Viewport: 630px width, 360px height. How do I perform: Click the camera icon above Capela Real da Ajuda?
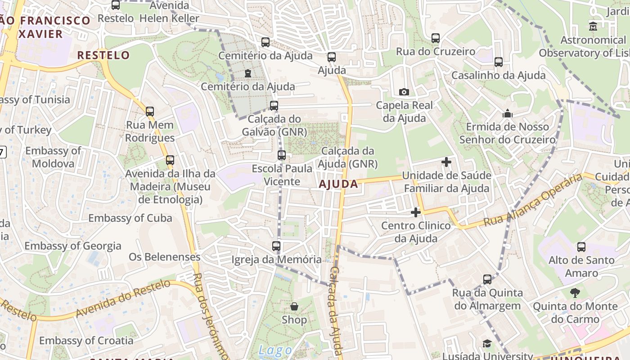click(404, 92)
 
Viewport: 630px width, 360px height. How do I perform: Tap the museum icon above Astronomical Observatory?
click(593, 26)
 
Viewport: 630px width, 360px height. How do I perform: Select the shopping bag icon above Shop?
click(294, 306)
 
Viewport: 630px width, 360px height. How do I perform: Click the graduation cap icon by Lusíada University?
click(487, 344)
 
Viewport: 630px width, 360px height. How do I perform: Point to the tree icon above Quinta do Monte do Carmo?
click(575, 293)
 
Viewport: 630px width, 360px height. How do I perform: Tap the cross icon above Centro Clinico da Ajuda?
click(416, 212)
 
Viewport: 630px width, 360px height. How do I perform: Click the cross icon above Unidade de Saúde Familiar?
click(446, 162)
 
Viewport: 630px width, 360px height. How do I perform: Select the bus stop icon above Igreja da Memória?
click(276, 246)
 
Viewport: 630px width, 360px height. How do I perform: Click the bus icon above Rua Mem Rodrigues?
click(150, 111)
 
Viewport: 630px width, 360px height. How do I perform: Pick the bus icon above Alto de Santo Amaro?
click(581, 247)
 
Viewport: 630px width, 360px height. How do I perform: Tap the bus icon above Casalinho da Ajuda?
click(499, 62)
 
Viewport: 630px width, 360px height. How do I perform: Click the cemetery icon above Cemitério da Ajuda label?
click(247, 73)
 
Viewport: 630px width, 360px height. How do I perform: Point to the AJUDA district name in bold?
click(338, 184)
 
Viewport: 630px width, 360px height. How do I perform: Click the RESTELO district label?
click(103, 55)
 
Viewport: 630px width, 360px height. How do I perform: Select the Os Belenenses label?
click(164, 257)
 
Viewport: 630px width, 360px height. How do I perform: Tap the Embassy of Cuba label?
click(130, 218)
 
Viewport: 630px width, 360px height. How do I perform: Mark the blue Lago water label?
click(275, 351)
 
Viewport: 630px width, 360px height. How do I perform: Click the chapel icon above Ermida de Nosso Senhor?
click(508, 113)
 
